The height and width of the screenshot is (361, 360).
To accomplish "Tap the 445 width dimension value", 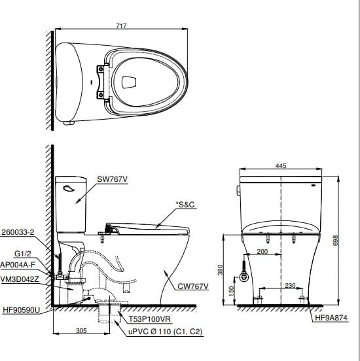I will tap(281, 166).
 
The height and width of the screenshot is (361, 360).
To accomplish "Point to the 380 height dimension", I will tap(221, 269).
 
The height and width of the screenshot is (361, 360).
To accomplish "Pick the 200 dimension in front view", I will tap(262, 251).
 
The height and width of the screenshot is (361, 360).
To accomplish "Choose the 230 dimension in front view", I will tap(290, 285).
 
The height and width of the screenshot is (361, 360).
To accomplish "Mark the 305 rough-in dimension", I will tap(81, 331).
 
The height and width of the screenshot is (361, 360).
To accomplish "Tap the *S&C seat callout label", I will tap(186, 205).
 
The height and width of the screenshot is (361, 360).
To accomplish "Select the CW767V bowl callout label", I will tap(192, 286).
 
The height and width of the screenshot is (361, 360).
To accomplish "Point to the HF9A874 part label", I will tap(331, 318).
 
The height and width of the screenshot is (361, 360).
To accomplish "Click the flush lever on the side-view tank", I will tap(67, 187).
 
